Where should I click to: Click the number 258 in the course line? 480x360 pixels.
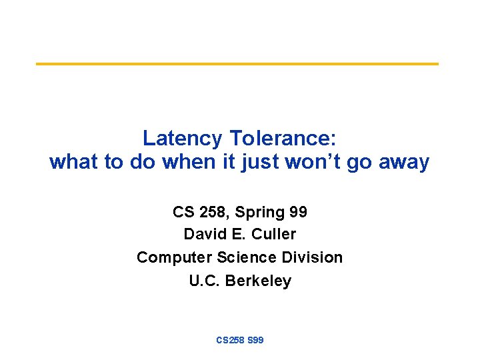(x=211, y=212)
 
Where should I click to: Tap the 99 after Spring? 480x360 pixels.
(x=299, y=212)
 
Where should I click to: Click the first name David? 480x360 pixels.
(x=203, y=235)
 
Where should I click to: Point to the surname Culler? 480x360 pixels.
(x=274, y=235)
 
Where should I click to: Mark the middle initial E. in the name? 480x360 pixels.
(x=237, y=235)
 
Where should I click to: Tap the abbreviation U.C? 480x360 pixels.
(x=205, y=281)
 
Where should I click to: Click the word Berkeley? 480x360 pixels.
(x=258, y=281)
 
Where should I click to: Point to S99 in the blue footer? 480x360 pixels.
(x=255, y=340)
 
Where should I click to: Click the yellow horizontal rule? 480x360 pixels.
(x=237, y=64)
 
